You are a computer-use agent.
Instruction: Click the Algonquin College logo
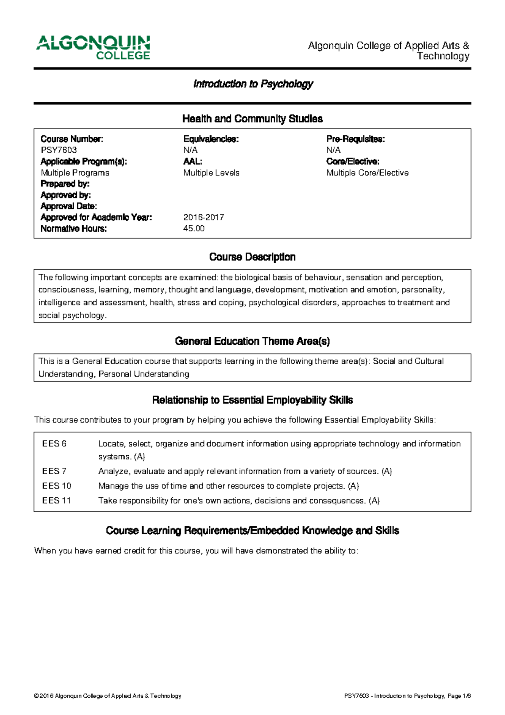[93, 48]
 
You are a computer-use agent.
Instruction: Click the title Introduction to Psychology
[253, 84]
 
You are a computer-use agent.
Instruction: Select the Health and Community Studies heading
[252, 119]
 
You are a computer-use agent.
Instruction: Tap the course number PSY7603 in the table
[58, 150]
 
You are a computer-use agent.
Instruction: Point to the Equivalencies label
[211, 139]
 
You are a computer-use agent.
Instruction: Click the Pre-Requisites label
[355, 139]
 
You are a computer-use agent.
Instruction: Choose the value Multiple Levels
[211, 173]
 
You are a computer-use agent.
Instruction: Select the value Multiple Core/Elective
[367, 173]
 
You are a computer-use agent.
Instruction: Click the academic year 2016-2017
[203, 218]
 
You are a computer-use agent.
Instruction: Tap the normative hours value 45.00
[194, 229]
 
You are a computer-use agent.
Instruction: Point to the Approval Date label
[69, 206]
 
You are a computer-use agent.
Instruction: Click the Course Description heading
[252, 257]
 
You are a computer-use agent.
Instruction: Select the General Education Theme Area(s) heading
[252, 341]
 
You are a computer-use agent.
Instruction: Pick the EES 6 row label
[54, 444]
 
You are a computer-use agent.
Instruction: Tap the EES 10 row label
[56, 486]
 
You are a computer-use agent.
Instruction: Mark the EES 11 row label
[56, 501]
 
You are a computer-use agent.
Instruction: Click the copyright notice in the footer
[108, 696]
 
